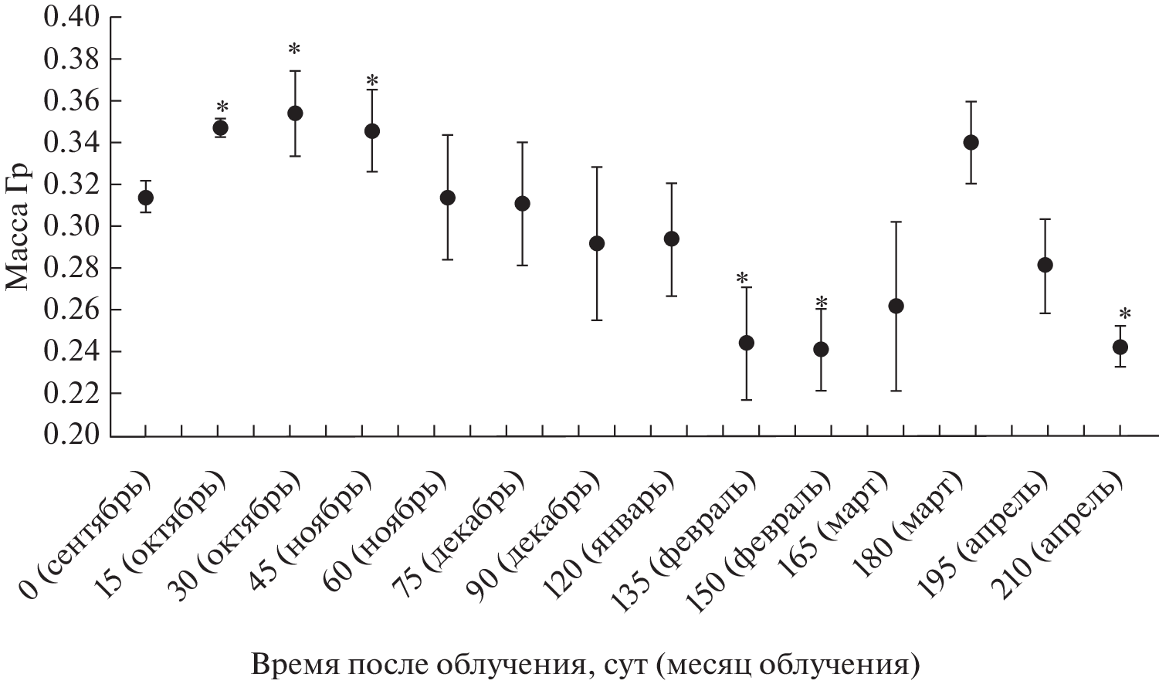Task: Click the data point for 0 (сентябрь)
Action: tap(145, 198)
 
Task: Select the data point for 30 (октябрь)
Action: tap(295, 113)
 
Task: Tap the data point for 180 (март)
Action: tap(971, 142)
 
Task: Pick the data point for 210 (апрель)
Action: tap(1120, 347)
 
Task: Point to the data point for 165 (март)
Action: tap(896, 306)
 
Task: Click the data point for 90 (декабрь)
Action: tap(597, 243)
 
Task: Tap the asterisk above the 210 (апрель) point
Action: tap(1125, 314)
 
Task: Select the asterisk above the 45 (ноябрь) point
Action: tap(373, 81)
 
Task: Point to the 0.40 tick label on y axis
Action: tap(72, 17)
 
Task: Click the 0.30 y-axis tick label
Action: tap(72, 226)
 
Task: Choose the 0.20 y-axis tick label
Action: tap(72, 435)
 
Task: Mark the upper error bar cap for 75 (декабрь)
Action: tap(522, 142)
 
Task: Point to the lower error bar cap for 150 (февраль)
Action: tap(821, 391)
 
